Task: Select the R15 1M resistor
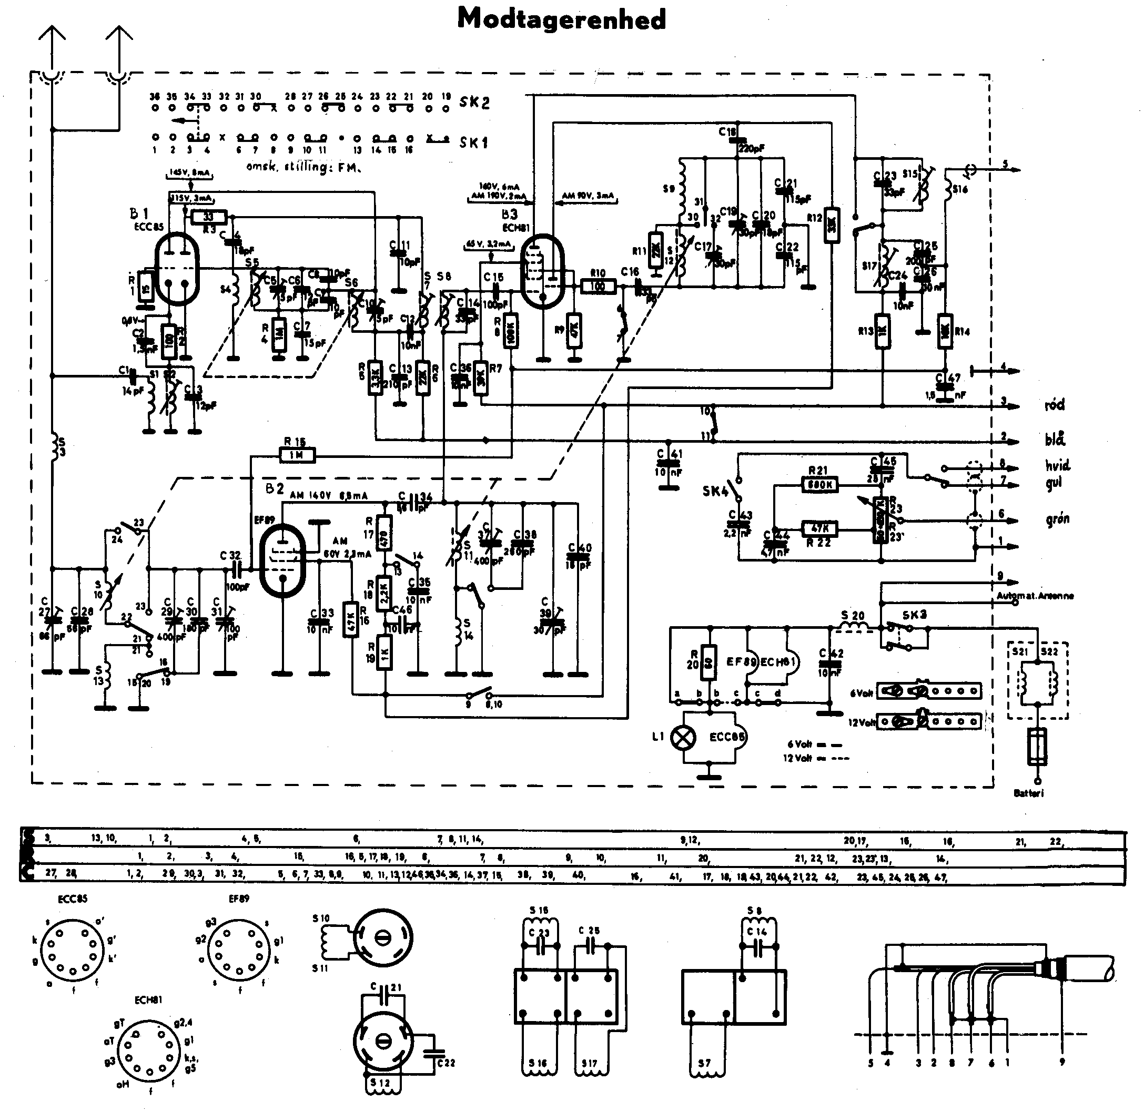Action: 297,455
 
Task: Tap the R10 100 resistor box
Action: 598,286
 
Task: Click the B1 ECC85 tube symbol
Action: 177,269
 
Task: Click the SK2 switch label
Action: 474,103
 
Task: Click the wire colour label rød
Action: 1055,405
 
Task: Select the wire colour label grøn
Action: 1058,518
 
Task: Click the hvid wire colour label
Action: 1058,465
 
